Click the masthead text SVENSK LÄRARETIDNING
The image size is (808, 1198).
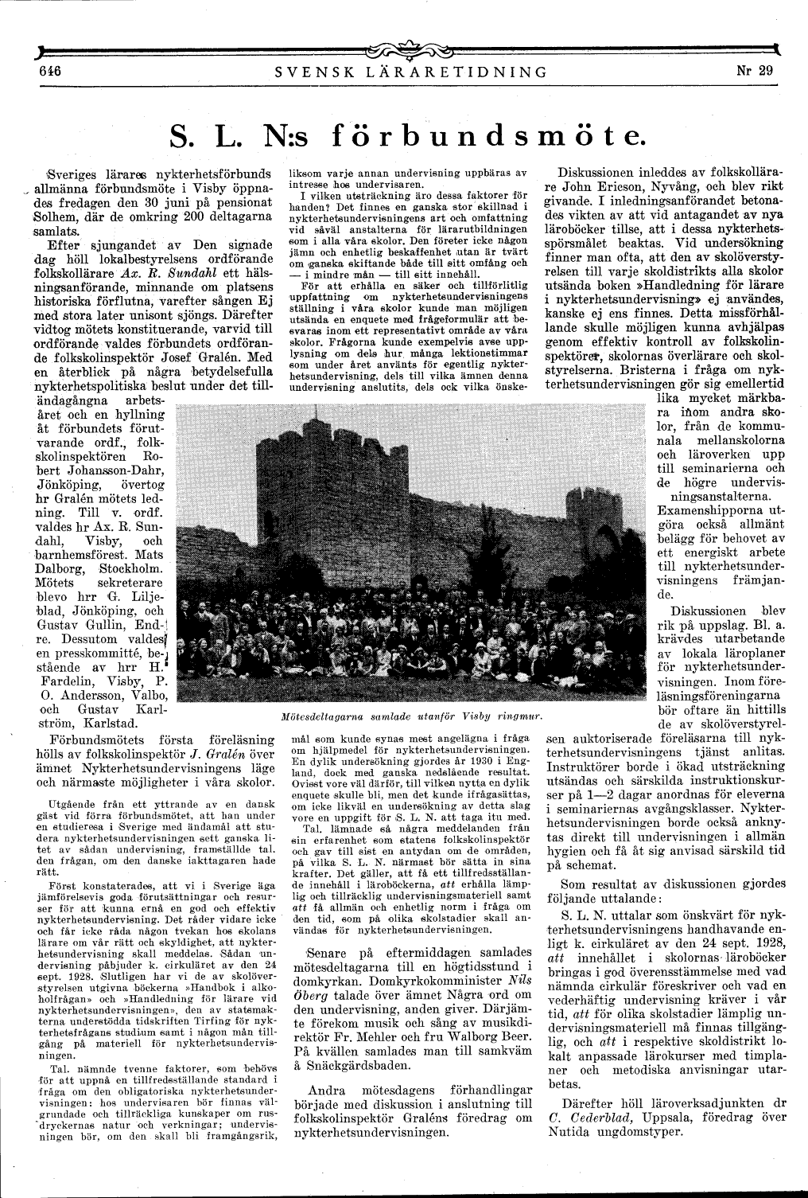point(410,72)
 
